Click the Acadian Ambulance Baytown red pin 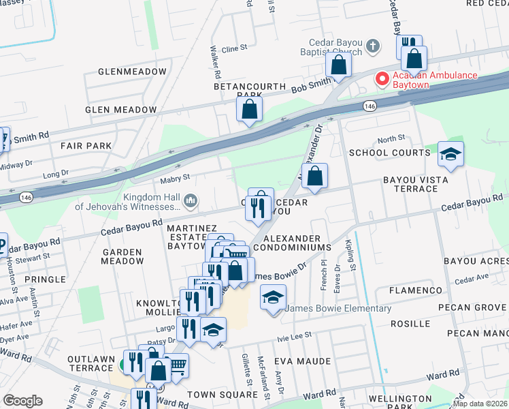tap(382, 79)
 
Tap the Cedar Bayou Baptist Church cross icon tap(372, 46)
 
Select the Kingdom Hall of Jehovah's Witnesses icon tap(191, 200)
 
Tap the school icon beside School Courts tap(450, 154)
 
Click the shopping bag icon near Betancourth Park tap(250, 109)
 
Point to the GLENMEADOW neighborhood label tap(132, 72)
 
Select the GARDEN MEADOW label tap(122, 256)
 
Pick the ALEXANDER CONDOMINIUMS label tap(297, 242)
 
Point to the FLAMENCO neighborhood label tap(416, 290)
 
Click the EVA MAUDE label tap(302, 361)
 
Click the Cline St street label tap(233, 49)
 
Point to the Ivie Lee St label tap(294, 335)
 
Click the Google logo tap(22, 401)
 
